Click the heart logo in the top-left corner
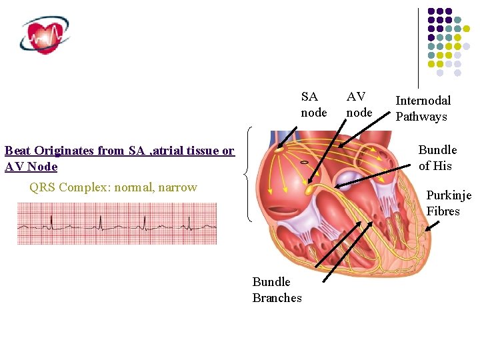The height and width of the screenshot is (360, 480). (x=45, y=35)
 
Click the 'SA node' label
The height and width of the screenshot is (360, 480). (x=314, y=105)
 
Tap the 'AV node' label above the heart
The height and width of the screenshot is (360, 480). (x=359, y=105)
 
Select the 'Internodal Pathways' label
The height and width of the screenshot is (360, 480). (x=423, y=109)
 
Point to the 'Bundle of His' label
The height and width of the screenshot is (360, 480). (x=437, y=158)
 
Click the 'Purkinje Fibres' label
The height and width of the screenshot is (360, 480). (x=448, y=203)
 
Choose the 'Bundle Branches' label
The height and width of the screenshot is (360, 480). (x=277, y=290)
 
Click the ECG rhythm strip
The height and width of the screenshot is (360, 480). (x=117, y=223)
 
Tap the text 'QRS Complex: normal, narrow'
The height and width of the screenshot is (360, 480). (x=113, y=187)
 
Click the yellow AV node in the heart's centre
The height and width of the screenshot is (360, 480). (x=309, y=191)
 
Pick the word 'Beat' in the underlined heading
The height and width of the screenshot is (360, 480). (x=17, y=151)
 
